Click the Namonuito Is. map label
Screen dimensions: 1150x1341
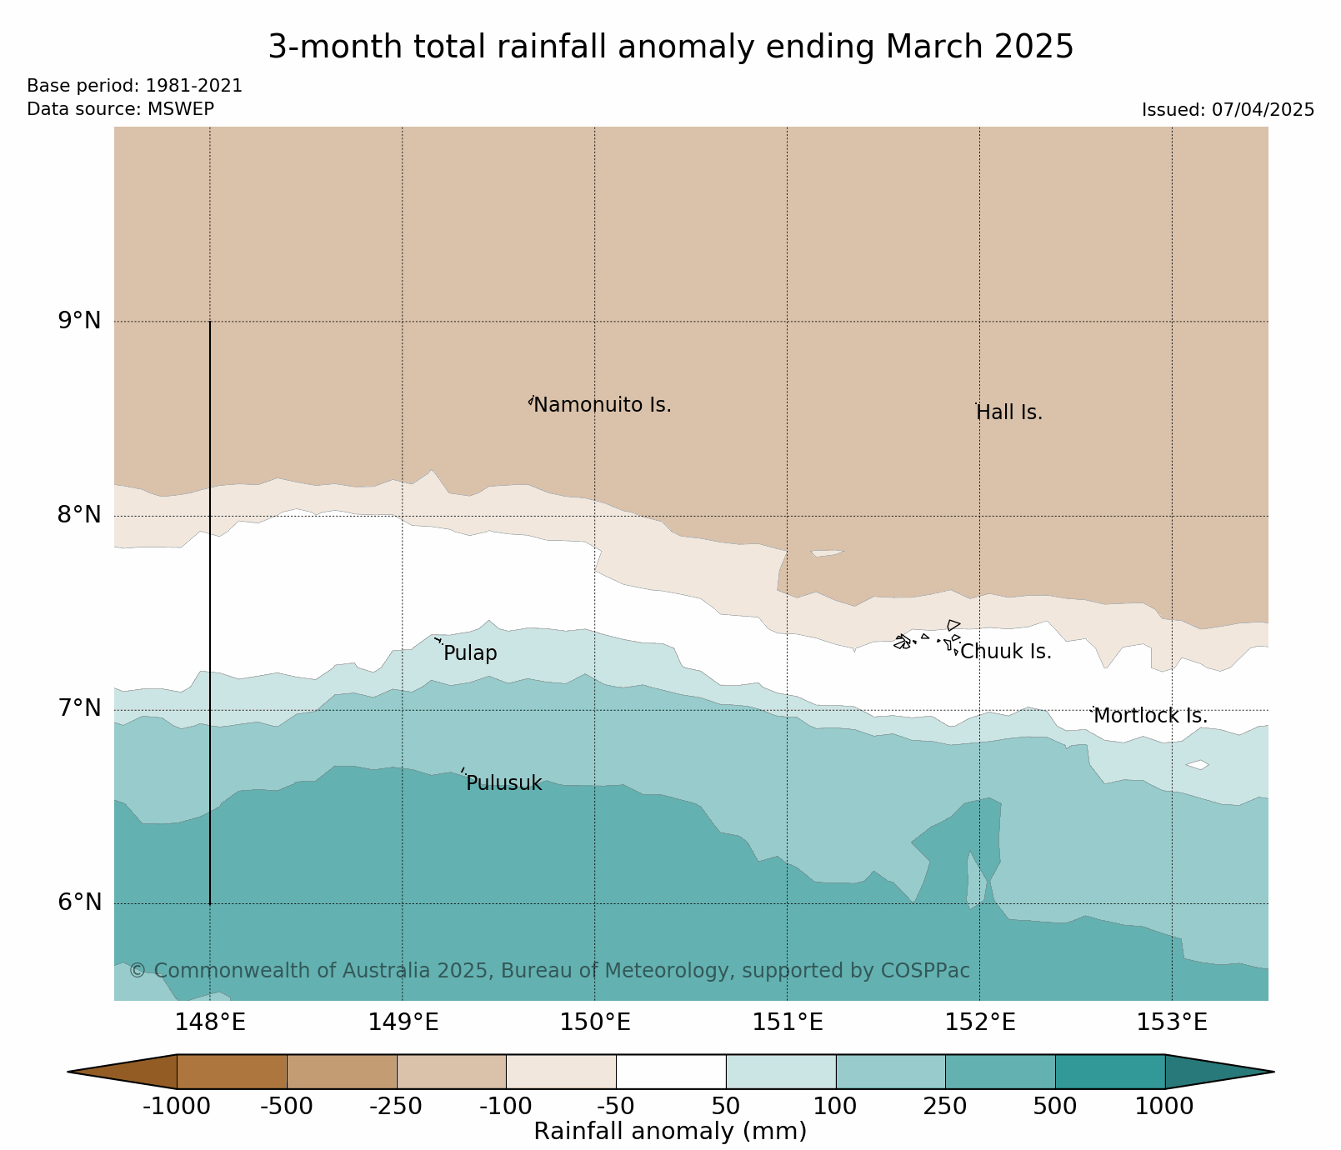coord(602,406)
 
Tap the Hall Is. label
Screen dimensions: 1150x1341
coord(1009,412)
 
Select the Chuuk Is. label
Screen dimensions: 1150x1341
coord(1006,652)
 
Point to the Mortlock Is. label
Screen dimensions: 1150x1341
coord(1150,716)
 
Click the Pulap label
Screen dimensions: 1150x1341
coord(470,653)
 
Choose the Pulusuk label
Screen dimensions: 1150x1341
coord(503,783)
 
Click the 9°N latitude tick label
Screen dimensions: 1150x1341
coord(79,321)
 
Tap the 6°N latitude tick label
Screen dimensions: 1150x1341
coord(79,903)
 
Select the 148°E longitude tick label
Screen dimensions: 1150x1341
coord(210,1022)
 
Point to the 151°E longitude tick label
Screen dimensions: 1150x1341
coord(788,1022)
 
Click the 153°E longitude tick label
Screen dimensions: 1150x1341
coord(1172,1022)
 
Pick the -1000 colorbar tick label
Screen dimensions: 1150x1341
coord(176,1107)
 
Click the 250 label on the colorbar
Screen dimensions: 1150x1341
coord(945,1107)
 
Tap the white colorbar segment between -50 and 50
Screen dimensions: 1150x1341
coord(671,1071)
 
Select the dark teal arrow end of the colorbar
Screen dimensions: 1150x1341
coord(1217,1072)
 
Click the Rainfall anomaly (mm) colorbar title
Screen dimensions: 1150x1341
coord(670,1132)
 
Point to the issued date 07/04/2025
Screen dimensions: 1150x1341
coord(1265,110)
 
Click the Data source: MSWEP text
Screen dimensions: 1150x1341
coord(120,109)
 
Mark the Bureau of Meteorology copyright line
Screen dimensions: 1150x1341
coord(549,971)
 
